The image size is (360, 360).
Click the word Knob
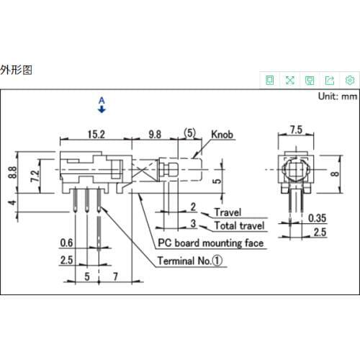[221, 134]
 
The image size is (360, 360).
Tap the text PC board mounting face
[210, 243]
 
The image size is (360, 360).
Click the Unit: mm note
[338, 96]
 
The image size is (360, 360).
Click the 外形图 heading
[16, 70]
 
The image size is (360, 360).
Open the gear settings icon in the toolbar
[350, 79]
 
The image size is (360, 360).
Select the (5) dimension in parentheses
[190, 133]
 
